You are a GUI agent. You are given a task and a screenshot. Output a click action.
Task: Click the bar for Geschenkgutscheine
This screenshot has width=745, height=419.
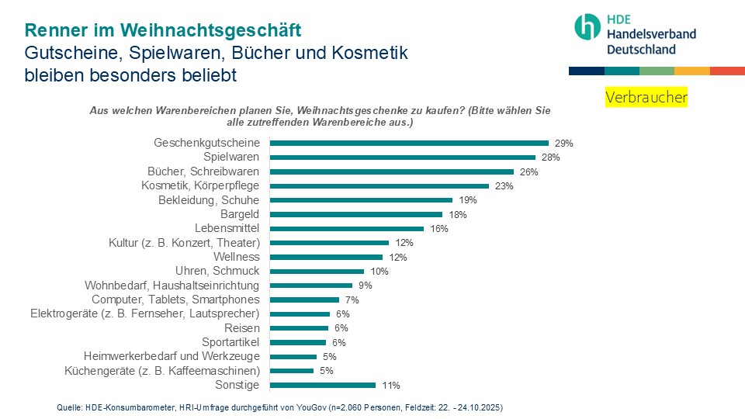[x=409, y=143]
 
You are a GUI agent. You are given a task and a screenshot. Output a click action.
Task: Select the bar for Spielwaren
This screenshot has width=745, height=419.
[x=402, y=158]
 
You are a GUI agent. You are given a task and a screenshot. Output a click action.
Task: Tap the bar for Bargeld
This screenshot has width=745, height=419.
[x=355, y=214]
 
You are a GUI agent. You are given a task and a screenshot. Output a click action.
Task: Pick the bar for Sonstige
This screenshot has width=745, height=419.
[x=322, y=385]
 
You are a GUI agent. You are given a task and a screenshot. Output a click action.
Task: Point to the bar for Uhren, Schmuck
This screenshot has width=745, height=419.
[x=317, y=271]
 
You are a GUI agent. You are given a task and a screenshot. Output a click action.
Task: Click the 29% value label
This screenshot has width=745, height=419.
[x=563, y=144]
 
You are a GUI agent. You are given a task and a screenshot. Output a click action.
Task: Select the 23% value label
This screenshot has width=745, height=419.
[x=504, y=186]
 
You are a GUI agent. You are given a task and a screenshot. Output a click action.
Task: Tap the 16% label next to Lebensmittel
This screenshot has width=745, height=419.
[x=439, y=229]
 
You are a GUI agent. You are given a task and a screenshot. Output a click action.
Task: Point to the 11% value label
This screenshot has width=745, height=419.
[x=390, y=386]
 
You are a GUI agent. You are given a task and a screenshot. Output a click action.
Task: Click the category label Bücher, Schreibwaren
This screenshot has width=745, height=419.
[x=203, y=171]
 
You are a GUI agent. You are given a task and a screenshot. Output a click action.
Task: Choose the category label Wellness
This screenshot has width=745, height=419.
[x=236, y=257]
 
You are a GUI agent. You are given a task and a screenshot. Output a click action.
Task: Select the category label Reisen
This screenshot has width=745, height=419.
[x=241, y=328]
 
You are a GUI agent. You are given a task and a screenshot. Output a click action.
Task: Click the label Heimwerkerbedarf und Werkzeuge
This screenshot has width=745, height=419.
[x=172, y=356]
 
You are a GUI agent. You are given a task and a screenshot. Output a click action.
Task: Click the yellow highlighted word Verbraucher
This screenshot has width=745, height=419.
[x=646, y=98]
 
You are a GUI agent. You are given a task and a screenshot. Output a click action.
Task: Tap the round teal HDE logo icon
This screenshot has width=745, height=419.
[x=587, y=26]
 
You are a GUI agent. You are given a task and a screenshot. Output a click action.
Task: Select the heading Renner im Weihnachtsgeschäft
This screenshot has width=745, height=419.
[x=163, y=30]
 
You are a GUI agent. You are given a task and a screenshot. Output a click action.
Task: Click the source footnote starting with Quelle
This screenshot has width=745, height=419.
[x=286, y=407]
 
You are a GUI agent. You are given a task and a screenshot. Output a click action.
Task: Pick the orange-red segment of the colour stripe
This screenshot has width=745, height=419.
[x=727, y=71]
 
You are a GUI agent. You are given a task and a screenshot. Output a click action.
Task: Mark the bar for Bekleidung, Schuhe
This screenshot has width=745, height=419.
[x=361, y=200]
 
